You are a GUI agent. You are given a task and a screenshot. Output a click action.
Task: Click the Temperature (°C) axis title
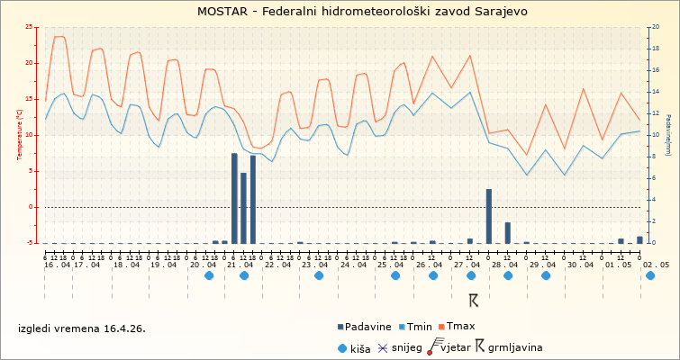coord(20,134)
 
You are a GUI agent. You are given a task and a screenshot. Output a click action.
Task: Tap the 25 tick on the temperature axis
coord(31,27)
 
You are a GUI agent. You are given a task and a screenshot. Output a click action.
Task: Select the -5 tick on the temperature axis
coord(31,243)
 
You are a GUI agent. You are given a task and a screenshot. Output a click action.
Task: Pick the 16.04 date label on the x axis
coord(56,265)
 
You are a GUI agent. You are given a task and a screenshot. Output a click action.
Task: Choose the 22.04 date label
coord(277,265)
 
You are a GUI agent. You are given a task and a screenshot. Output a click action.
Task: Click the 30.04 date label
coord(581,265)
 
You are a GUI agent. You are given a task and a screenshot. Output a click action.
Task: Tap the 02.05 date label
coord(656,265)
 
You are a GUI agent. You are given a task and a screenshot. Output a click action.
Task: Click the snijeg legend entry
coord(400,346)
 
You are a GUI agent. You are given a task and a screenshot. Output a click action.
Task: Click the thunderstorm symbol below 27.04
coord(473,299)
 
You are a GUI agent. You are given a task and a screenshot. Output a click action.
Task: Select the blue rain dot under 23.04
coord(319,276)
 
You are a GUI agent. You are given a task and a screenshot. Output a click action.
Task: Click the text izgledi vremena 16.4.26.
coord(82,328)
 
